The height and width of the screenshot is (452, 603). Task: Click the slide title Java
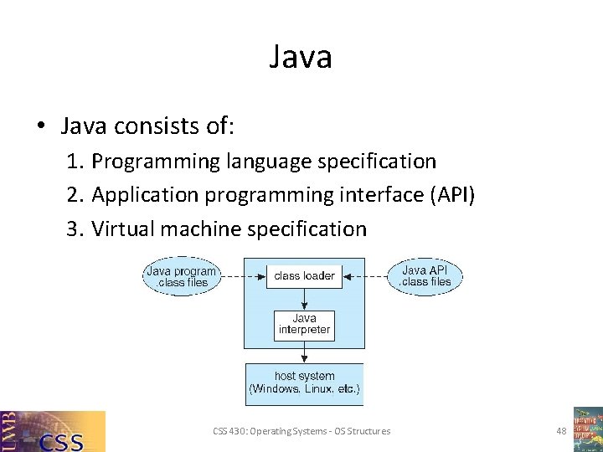coord(301,57)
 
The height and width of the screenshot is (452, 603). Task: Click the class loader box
coord(304,275)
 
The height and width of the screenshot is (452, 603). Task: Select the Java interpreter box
coord(304,324)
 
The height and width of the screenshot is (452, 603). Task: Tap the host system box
coord(304,383)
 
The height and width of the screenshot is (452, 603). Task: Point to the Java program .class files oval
coord(181,276)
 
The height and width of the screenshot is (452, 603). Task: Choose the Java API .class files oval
coord(425,276)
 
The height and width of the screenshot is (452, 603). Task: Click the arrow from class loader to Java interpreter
coord(304,300)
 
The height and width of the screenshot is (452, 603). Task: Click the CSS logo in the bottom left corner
coord(53,431)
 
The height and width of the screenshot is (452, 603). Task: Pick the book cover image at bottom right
coord(587,429)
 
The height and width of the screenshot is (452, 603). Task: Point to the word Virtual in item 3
coord(120,229)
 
